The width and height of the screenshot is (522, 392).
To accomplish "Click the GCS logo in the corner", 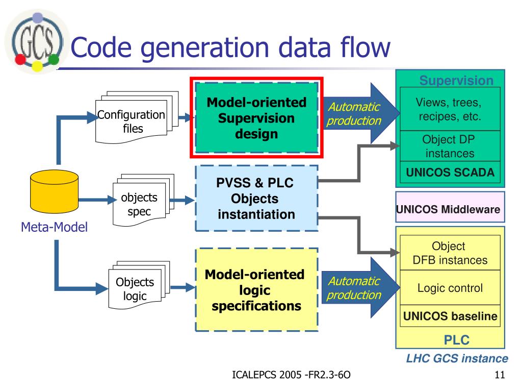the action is click(x=37, y=42).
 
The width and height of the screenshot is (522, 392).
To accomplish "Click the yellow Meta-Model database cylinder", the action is click(x=54, y=191).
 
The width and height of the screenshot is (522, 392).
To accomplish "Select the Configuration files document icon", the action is click(x=137, y=117).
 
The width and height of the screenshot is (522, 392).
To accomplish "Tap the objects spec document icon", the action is click(x=143, y=200).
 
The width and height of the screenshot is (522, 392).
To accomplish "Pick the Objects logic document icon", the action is click(x=139, y=285).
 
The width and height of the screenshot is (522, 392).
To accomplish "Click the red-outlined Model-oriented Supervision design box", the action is click(x=256, y=118).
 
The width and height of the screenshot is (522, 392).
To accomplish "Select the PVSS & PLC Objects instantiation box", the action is click(x=256, y=199).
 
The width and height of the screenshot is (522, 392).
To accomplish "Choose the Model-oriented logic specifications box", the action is click(x=256, y=290).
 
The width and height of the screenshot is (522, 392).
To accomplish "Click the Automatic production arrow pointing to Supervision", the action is click(x=361, y=113).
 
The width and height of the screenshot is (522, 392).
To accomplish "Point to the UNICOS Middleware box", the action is click(x=450, y=207).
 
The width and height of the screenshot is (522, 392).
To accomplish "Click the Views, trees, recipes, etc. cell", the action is click(x=450, y=109).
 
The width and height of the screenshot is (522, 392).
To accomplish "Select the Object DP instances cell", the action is click(x=450, y=146).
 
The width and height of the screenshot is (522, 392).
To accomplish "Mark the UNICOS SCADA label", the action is click(x=450, y=173).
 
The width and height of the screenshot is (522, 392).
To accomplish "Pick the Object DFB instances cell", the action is click(x=450, y=253).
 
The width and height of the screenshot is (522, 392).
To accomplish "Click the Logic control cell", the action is click(x=450, y=288).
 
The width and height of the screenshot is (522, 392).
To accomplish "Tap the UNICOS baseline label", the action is click(x=450, y=316).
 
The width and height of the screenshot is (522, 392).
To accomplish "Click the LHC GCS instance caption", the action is click(x=457, y=358).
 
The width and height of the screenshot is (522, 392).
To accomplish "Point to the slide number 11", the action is click(x=500, y=375).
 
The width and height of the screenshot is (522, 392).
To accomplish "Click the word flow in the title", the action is click(x=365, y=47).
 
